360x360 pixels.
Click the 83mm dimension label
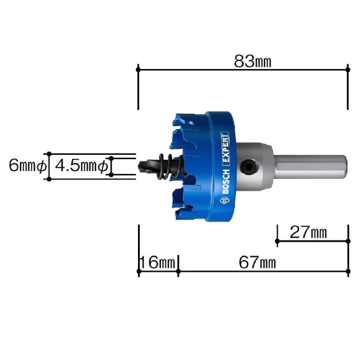253,62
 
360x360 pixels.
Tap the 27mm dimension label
308,232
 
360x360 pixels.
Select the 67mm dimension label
257,262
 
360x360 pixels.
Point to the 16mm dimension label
157,262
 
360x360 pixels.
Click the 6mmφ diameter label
28,166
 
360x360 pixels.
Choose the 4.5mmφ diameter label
81,166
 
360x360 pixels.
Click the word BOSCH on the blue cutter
226,181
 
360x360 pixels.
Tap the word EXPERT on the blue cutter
225,149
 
